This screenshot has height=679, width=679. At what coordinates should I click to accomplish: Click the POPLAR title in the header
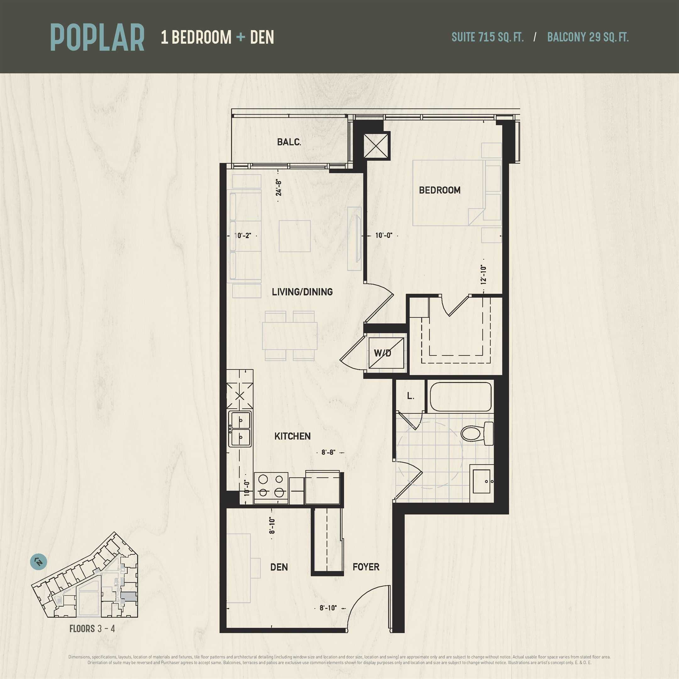tap(97, 37)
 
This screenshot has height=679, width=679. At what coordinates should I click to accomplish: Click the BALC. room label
tap(289, 142)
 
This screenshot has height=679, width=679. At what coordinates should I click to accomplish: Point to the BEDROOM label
tap(440, 190)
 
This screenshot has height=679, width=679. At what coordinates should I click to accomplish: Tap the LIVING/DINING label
tap(302, 292)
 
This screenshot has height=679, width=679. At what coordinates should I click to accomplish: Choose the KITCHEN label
tap(292, 436)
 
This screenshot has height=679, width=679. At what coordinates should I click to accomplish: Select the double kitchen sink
tap(240, 429)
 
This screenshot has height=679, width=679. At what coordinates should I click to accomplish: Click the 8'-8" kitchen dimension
tap(328, 452)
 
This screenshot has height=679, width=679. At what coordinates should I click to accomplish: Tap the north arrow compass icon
tap(39, 562)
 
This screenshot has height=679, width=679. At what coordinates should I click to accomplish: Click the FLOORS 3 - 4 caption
tap(92, 629)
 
